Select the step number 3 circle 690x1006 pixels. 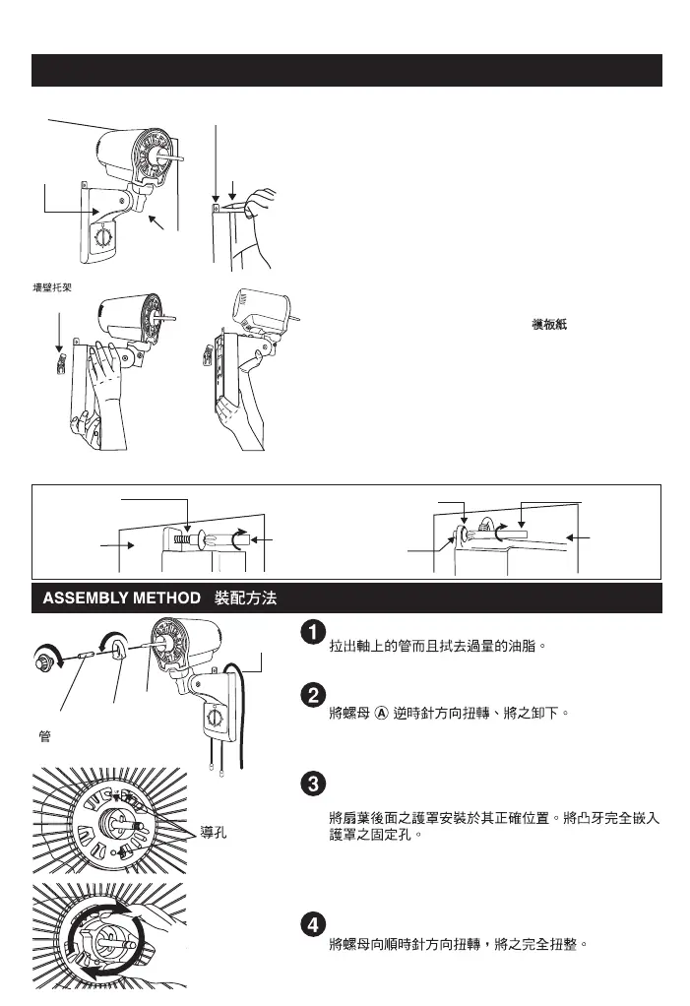308,785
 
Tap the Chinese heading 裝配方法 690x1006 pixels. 251,597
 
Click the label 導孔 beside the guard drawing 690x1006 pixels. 214,831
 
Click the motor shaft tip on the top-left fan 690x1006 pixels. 179,156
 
